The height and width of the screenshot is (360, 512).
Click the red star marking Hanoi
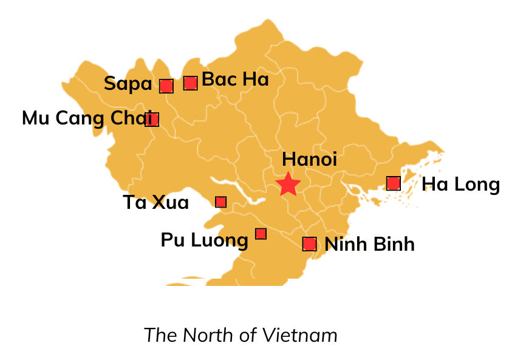(287, 184)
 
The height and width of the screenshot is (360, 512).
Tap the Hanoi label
(309, 159)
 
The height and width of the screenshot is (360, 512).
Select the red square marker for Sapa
(166, 86)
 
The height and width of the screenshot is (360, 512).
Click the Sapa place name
(128, 84)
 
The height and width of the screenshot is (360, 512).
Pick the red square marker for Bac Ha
(190, 83)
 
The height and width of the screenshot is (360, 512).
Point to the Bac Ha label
(235, 80)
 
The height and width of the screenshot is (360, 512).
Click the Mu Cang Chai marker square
(152, 119)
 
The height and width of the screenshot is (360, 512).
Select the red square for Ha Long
(393, 183)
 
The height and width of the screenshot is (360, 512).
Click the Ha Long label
(460, 184)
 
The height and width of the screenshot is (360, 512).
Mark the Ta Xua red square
(220, 202)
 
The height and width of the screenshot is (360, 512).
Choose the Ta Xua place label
(155, 202)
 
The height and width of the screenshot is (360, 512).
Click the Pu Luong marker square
(261, 233)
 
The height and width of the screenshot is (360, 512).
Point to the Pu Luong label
(204, 240)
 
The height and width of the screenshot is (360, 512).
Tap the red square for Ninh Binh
(309, 243)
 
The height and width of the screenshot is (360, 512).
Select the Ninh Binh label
(369, 244)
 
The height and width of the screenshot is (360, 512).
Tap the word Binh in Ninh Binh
(393, 244)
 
